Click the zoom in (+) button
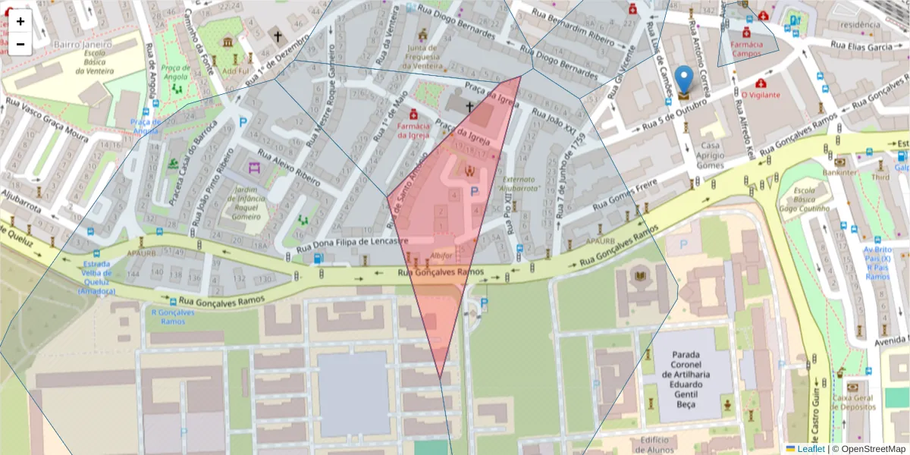coord(20,21)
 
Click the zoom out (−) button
coord(20,44)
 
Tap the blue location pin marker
coord(684,80)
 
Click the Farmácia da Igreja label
coord(413,130)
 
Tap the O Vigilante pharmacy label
coord(761,95)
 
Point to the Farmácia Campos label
coord(746,49)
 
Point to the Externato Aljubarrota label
coord(518,184)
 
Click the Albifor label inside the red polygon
coord(441,256)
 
